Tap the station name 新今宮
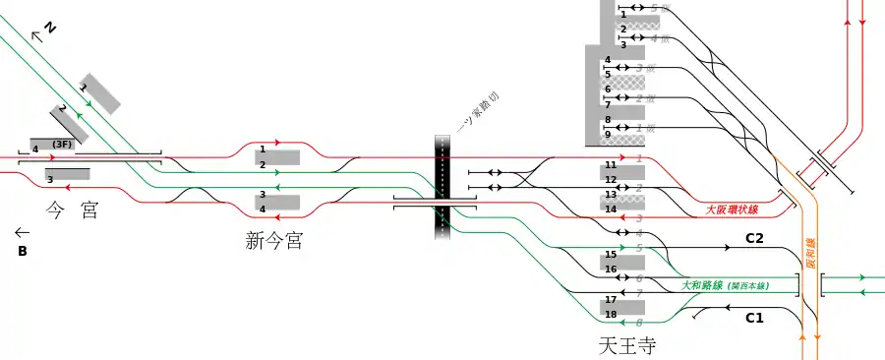click(273, 240)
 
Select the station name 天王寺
click(626, 346)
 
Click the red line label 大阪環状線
click(733, 210)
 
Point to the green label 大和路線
click(702, 285)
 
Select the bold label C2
click(754, 238)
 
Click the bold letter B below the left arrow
click(22, 252)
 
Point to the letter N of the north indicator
click(49, 29)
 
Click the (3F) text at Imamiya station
click(63, 145)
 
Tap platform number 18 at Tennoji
click(610, 315)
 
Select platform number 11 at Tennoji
click(610, 164)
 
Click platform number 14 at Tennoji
click(610, 209)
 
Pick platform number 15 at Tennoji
click(610, 255)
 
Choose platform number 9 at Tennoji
click(608, 134)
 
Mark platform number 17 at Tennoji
click(610, 299)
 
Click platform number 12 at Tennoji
click(610, 180)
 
